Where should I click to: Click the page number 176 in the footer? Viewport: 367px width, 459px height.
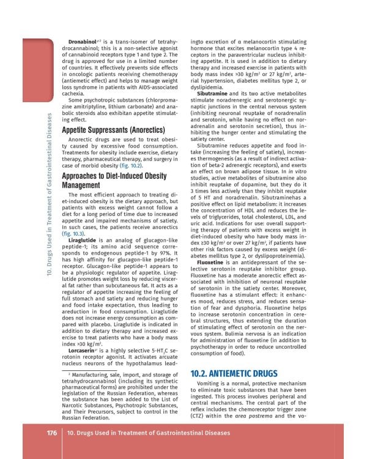tap(52, 433)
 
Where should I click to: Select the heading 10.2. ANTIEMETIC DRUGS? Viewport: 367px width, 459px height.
tap(234, 373)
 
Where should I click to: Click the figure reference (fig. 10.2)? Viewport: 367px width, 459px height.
tap(130, 165)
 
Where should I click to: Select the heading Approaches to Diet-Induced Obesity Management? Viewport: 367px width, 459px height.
tap(114, 180)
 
